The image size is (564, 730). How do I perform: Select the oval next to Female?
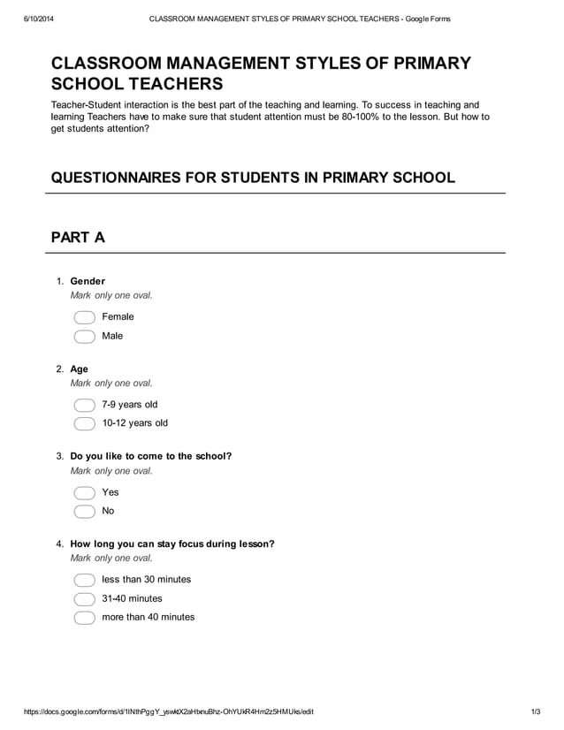(84, 317)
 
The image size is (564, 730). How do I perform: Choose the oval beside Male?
(84, 336)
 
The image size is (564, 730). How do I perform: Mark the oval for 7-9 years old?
(84, 405)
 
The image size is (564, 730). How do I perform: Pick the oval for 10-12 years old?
(84, 423)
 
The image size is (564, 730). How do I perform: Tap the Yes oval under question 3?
(84, 492)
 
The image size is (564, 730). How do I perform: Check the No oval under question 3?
(84, 511)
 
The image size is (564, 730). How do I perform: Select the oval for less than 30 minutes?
(84, 580)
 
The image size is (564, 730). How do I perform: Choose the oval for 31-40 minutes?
(84, 598)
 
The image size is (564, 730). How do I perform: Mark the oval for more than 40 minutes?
(84, 618)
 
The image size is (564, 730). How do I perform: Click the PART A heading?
(78, 237)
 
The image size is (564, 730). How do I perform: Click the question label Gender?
(88, 281)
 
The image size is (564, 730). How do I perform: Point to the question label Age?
(79, 369)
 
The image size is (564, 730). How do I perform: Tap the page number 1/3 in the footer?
(536, 711)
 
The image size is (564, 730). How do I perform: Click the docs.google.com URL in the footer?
(168, 711)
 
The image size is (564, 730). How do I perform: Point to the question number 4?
(59, 544)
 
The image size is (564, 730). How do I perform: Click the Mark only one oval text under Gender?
(111, 295)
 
